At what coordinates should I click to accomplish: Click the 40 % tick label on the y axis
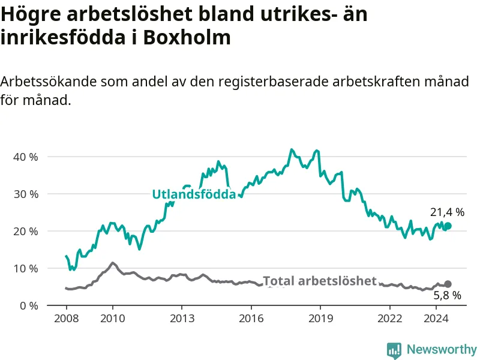26,157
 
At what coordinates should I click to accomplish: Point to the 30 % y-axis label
26,194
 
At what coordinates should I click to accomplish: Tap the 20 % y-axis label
26,232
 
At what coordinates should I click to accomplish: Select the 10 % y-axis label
26,269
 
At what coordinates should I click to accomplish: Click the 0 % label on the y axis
29,306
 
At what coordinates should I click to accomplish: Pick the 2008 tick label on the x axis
67,319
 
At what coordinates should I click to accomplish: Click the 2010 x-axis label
113,319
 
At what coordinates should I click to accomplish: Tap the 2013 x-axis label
182,319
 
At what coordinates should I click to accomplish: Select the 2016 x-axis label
251,319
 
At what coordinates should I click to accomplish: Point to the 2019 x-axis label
320,319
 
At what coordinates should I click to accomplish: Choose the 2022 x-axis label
389,319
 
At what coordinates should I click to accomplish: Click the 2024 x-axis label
436,319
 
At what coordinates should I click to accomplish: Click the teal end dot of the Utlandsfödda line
448,226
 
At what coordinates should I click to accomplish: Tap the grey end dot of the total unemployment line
448,284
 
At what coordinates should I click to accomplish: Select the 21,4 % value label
447,212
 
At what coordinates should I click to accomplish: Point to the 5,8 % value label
447,295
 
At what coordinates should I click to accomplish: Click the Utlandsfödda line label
194,194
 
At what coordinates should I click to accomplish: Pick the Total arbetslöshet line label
320,281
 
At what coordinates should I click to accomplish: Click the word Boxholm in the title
187,38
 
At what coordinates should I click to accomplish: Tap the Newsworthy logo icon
394,350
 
